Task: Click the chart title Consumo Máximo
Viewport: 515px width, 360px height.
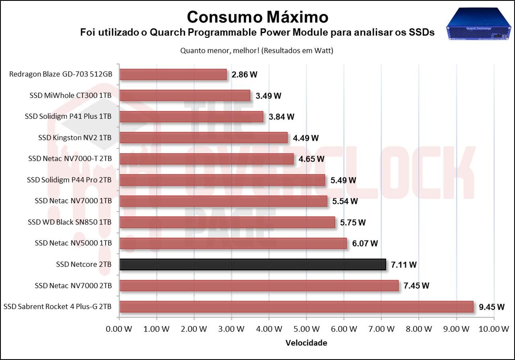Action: [257, 17]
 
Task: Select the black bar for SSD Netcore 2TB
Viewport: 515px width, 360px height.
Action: [253, 264]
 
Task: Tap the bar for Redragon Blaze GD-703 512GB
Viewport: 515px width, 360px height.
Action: [173, 74]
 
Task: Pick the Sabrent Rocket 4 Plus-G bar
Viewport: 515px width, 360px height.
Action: [296, 307]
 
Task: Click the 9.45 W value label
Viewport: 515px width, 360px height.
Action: [491, 307]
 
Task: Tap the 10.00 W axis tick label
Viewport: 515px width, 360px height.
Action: [494, 329]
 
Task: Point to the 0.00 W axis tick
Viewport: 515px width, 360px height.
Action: [119, 329]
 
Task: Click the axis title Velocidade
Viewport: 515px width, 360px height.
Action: [306, 343]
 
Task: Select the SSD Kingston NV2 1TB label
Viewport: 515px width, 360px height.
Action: [75, 138]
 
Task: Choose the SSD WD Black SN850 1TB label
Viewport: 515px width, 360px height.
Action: [70, 222]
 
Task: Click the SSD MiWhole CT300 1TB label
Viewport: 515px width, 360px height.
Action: [70, 95]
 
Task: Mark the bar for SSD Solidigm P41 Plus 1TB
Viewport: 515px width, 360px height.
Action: [192, 117]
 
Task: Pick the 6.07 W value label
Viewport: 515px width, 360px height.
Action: [365, 243]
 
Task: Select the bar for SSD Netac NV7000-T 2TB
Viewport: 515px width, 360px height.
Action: [207, 159]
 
